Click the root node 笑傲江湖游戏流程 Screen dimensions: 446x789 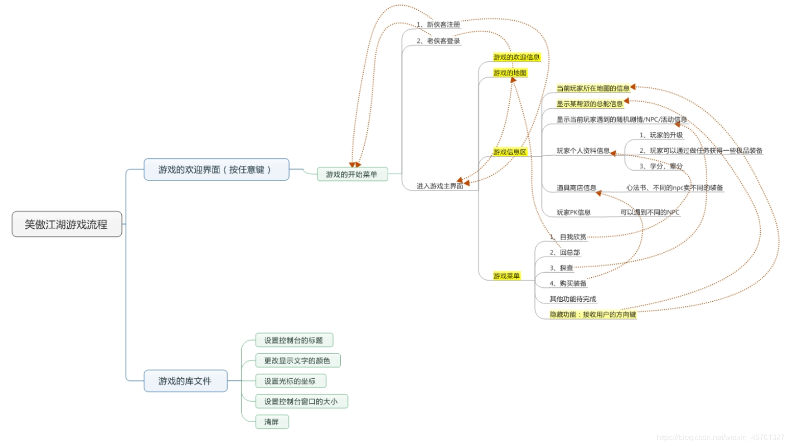pos(66,224)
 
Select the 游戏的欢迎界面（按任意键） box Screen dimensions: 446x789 pos(216,169)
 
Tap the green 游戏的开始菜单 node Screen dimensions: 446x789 pos(352,174)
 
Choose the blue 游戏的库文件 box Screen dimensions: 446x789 pos(185,381)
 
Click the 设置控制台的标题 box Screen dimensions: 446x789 pos(294,340)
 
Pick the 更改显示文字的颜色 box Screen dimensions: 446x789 pos(297,360)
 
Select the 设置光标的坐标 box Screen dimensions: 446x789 pos(290,381)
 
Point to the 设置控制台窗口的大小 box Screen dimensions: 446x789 pos(301,401)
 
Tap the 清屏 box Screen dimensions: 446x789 pos(271,422)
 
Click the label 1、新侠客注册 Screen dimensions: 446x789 pos(438,24)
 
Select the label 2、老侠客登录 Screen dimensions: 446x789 pos(438,41)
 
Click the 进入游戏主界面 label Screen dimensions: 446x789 pos(439,186)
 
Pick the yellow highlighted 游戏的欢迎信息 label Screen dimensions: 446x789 pos(516,57)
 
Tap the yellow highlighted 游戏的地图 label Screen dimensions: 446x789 pos(510,73)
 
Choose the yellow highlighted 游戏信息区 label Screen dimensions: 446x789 pos(510,152)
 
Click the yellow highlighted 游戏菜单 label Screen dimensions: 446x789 pos(506,276)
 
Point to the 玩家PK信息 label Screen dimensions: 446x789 pos(574,212)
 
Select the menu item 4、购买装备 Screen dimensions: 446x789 pos(568,283)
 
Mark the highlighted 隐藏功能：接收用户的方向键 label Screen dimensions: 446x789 pos(593,314)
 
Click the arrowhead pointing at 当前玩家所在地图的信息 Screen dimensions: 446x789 pos(633,87)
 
